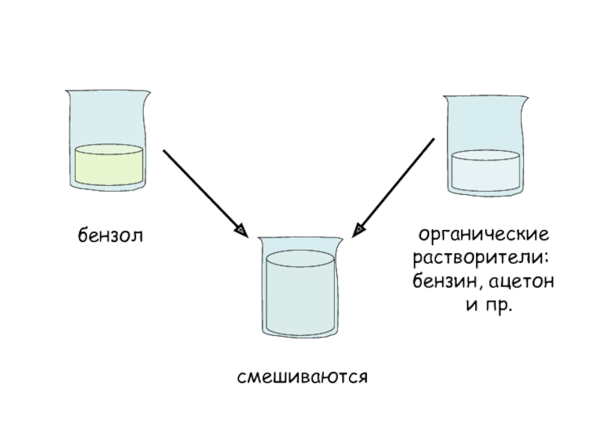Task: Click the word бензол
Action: [x=110, y=236]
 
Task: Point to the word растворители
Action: [x=481, y=259]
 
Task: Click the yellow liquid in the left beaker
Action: [x=109, y=167]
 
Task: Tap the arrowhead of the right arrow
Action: [x=360, y=229]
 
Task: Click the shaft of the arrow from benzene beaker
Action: [x=200, y=187]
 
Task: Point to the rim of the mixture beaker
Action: [x=300, y=238]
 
